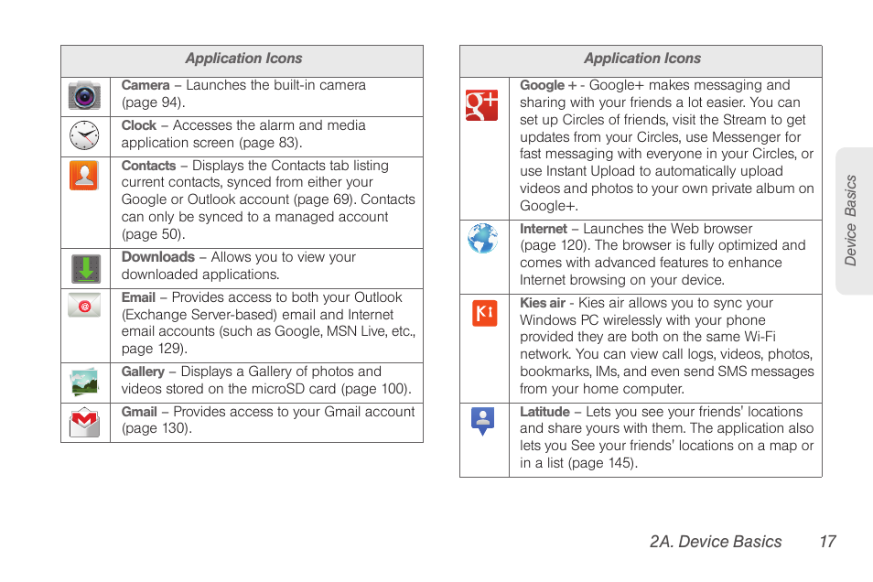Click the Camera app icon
(84, 96)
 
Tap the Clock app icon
(84, 135)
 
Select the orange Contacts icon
(84, 175)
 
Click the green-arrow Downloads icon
(86, 269)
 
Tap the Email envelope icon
(84, 305)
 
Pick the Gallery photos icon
(84, 382)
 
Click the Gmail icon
(84, 422)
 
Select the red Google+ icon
(482, 105)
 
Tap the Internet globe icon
(482, 239)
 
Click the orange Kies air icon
(484, 313)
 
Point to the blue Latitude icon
(482, 421)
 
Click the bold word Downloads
(157, 257)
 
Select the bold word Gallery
(143, 372)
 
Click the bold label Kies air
(543, 303)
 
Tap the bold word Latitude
(544, 412)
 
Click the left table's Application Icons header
(243, 59)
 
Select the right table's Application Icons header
(641, 59)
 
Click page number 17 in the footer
(827, 542)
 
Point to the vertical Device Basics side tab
(852, 221)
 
